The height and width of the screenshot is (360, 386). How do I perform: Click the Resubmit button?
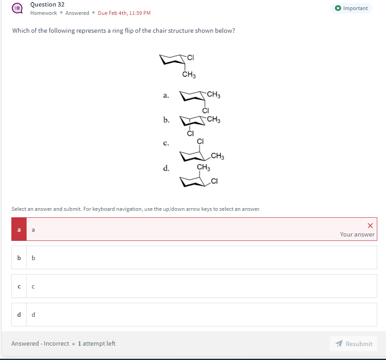(354, 344)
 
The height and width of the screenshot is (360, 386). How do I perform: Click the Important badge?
(352, 8)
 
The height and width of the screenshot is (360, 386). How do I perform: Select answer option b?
(194, 257)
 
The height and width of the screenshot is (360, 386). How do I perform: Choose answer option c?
(194, 286)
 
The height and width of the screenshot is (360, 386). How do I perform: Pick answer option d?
(194, 315)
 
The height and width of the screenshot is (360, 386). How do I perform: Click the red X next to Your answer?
(370, 226)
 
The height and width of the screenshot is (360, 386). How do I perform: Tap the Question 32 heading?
(48, 4)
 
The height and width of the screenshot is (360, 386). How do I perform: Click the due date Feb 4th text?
(124, 13)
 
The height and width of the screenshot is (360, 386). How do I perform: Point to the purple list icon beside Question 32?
(17, 8)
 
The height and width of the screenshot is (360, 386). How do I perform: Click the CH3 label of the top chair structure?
(189, 75)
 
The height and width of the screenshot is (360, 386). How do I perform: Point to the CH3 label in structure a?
(213, 94)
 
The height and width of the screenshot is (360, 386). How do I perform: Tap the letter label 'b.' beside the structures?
(166, 120)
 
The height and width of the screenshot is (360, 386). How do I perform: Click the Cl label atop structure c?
(200, 141)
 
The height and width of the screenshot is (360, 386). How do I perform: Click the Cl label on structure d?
(214, 182)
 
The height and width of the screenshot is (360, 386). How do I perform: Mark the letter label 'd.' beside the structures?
(166, 168)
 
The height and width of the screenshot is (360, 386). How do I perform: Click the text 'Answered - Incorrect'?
(40, 344)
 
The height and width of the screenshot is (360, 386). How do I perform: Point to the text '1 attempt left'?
(96, 344)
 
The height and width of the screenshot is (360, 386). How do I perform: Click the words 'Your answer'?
(357, 234)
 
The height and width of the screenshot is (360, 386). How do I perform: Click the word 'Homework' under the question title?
(44, 13)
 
